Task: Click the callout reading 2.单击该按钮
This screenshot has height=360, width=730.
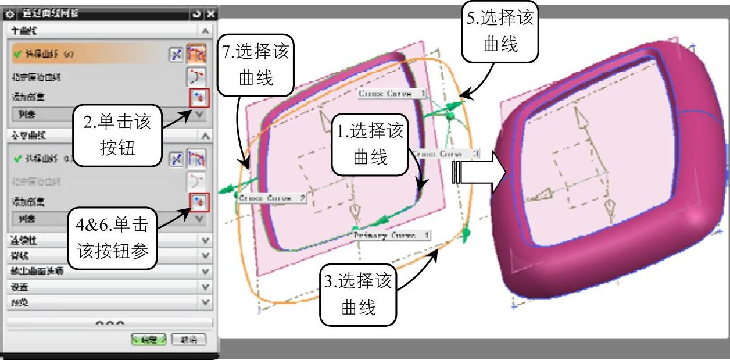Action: [116, 133]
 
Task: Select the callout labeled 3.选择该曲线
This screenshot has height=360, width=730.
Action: [357, 294]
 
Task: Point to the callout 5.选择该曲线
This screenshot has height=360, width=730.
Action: [500, 31]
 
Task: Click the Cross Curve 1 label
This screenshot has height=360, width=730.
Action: [392, 93]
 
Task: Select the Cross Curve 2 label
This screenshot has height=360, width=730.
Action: [271, 198]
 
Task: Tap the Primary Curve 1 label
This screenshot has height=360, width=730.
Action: [391, 235]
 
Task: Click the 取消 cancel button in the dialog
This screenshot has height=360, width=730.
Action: [188, 339]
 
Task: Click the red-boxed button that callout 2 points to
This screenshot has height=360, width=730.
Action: [198, 97]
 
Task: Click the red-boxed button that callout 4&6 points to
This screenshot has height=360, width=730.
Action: [198, 202]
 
